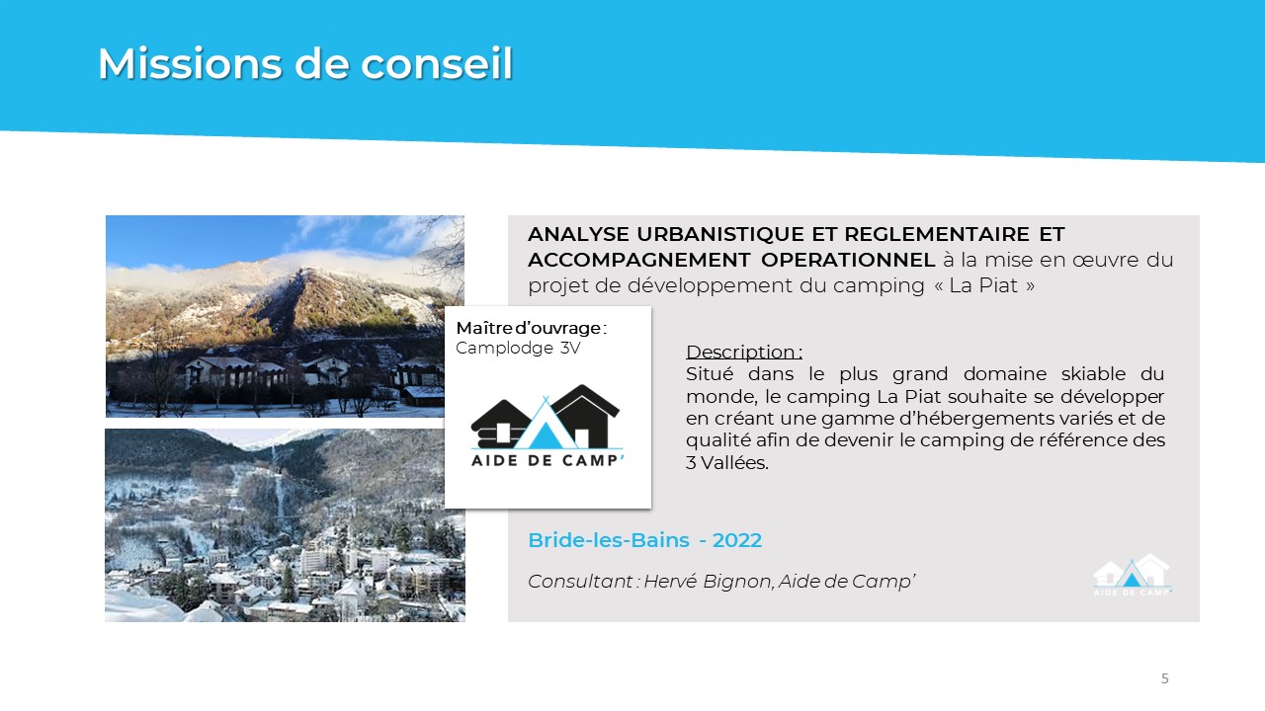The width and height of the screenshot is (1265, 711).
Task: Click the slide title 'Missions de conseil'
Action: [x=305, y=63]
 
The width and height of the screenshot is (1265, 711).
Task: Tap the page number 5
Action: [x=1164, y=678]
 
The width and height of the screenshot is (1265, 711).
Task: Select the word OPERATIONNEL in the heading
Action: [x=848, y=260]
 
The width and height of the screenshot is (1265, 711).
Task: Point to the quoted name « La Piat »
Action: [x=984, y=285]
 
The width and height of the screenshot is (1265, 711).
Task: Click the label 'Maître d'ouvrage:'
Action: [x=531, y=328]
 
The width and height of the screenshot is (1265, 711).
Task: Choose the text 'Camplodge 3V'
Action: [x=518, y=349]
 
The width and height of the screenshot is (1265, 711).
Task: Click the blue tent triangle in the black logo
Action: [x=545, y=435]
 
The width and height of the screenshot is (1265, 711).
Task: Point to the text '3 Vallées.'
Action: [x=726, y=463]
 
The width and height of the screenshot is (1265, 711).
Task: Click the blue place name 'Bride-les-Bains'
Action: [x=609, y=540]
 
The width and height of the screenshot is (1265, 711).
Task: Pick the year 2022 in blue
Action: [x=737, y=540]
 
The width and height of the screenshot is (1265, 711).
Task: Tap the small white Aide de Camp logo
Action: [x=1133, y=575]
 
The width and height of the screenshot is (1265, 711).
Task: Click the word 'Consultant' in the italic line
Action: [x=580, y=582]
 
